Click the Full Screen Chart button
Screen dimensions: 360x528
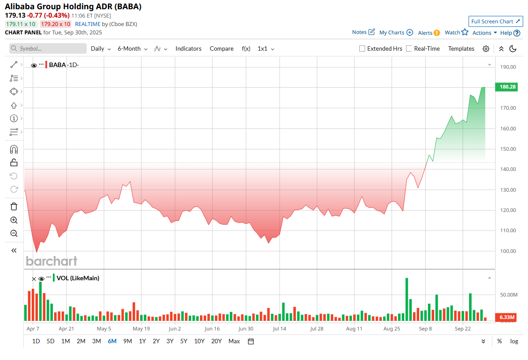coord(495,22)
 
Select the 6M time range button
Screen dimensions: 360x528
coord(112,341)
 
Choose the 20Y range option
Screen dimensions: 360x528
coord(216,341)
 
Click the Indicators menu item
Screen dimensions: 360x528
coord(188,49)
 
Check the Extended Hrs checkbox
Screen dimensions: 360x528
coord(362,49)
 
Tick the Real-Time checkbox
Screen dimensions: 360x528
coord(409,49)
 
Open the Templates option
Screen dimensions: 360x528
coord(461,49)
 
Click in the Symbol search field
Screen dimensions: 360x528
coord(48,49)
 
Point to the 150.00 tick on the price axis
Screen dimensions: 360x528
coord(507,149)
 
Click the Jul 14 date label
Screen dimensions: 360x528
coord(280,329)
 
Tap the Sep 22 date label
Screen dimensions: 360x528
coord(463,329)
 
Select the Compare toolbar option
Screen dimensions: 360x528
coord(222,49)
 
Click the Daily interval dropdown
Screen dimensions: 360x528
coord(101,49)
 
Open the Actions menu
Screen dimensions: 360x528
coord(484,33)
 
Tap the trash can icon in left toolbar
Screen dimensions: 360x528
coord(14,206)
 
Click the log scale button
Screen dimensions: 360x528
coord(514,341)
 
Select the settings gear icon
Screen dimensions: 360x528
coord(486,49)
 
